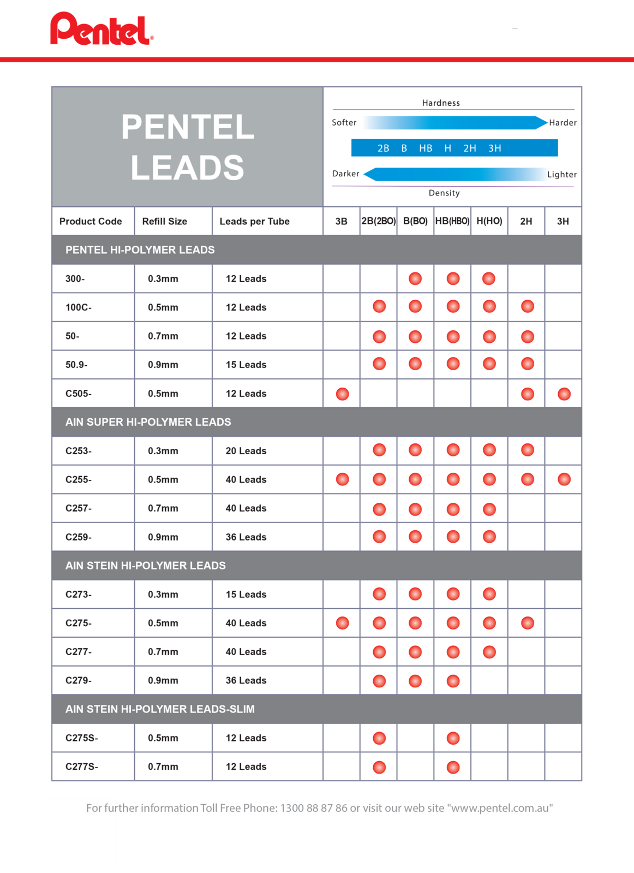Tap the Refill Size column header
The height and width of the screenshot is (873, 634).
point(164,221)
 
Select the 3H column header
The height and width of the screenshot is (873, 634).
point(563,221)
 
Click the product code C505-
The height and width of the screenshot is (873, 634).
point(79,394)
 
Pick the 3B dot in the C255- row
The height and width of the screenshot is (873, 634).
point(342,479)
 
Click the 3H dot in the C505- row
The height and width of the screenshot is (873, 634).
point(564,394)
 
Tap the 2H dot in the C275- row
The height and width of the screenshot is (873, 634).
point(527,623)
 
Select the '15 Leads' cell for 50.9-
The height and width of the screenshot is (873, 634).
point(246,365)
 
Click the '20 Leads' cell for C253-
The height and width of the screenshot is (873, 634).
point(246,451)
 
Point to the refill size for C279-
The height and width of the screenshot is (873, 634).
point(163,680)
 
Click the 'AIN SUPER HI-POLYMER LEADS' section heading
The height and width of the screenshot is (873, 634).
point(148,422)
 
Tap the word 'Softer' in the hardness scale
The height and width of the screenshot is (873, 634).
point(344,122)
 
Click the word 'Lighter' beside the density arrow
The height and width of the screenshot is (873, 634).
point(561,174)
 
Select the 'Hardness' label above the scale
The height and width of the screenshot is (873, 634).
point(441,103)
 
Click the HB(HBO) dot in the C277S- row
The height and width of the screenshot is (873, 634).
point(453,767)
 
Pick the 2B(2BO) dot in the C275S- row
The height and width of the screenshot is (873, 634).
point(379,738)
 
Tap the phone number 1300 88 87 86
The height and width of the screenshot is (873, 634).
point(314,808)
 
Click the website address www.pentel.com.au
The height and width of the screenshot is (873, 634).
point(500,808)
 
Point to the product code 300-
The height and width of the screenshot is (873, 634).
point(75,278)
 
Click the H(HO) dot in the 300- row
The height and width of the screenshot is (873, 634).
point(489,278)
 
